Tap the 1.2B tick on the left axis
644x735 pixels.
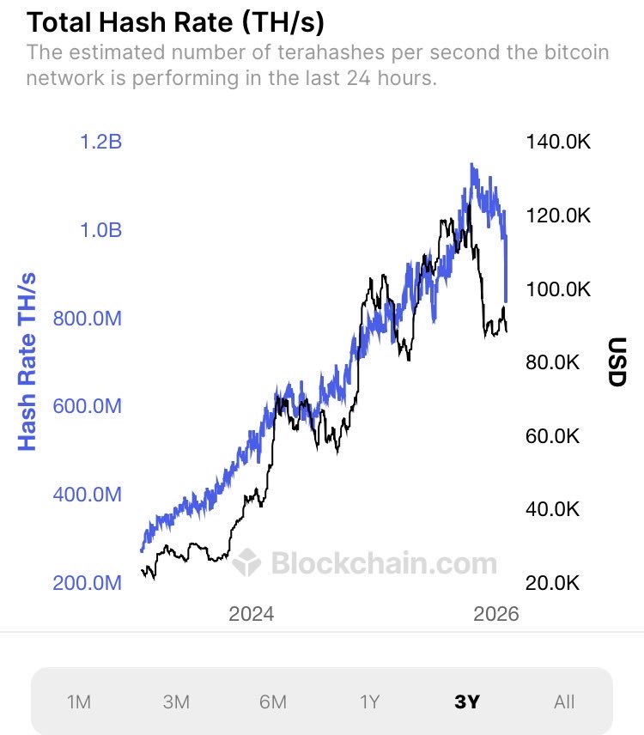tap(100, 142)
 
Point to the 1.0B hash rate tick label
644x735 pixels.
tap(100, 230)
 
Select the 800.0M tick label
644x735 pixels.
tap(86, 319)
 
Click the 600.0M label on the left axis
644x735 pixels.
tap(86, 406)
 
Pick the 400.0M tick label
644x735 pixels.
tap(86, 495)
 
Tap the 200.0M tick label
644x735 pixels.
tap(86, 583)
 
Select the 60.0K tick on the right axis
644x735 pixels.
tap(553, 436)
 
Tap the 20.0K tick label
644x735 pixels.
tap(553, 583)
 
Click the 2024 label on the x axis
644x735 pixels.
tap(251, 614)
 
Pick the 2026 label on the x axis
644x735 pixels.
tap(495, 614)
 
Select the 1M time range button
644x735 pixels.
tap(79, 702)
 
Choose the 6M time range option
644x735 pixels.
tap(272, 702)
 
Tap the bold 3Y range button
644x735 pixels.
tap(467, 702)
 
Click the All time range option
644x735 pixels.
tap(564, 702)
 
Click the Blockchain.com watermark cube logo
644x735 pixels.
tap(247, 563)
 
